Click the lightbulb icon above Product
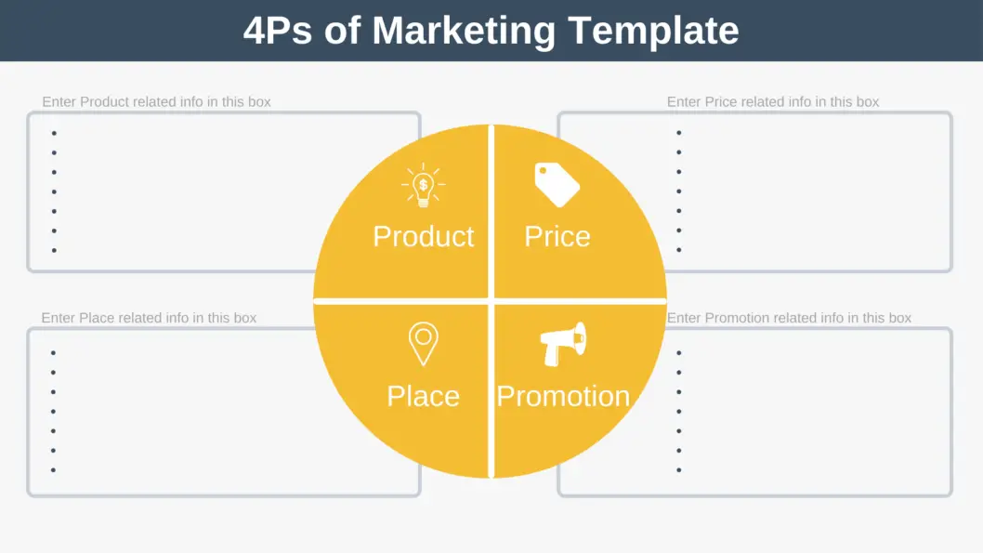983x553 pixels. (x=424, y=186)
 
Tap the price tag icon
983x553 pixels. (x=557, y=185)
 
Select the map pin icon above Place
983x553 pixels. (x=423, y=343)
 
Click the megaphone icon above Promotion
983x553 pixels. (x=564, y=344)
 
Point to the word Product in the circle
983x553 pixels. (x=423, y=236)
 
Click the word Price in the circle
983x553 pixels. (x=557, y=236)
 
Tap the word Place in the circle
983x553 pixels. (x=423, y=396)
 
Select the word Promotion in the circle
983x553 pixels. (x=563, y=396)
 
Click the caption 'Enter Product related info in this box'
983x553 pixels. (x=156, y=101)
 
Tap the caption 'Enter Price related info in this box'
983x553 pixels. (x=773, y=101)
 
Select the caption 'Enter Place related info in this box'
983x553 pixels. (x=149, y=318)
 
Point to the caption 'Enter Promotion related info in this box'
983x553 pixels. (x=789, y=318)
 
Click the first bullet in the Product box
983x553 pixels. (x=54, y=133)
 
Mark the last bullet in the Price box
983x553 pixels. (x=679, y=250)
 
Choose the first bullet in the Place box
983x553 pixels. (x=53, y=353)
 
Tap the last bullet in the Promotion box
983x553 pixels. (x=679, y=470)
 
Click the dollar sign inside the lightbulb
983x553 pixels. (x=424, y=184)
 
